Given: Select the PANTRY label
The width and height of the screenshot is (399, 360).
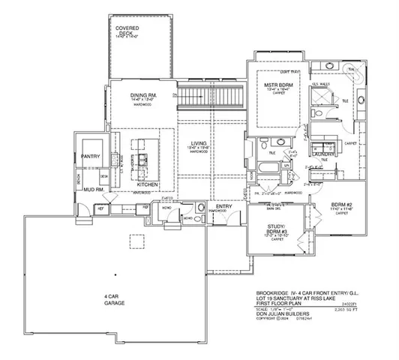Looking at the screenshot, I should point(91,157).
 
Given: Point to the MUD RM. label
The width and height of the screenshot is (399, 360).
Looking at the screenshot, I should point(92,190).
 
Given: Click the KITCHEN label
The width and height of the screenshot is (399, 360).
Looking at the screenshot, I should point(147,184).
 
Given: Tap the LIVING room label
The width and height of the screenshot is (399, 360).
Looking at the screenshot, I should point(199,142).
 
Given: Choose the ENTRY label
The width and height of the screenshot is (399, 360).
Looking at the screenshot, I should point(224,205).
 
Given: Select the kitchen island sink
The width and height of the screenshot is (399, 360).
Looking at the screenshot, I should point(148,159).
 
